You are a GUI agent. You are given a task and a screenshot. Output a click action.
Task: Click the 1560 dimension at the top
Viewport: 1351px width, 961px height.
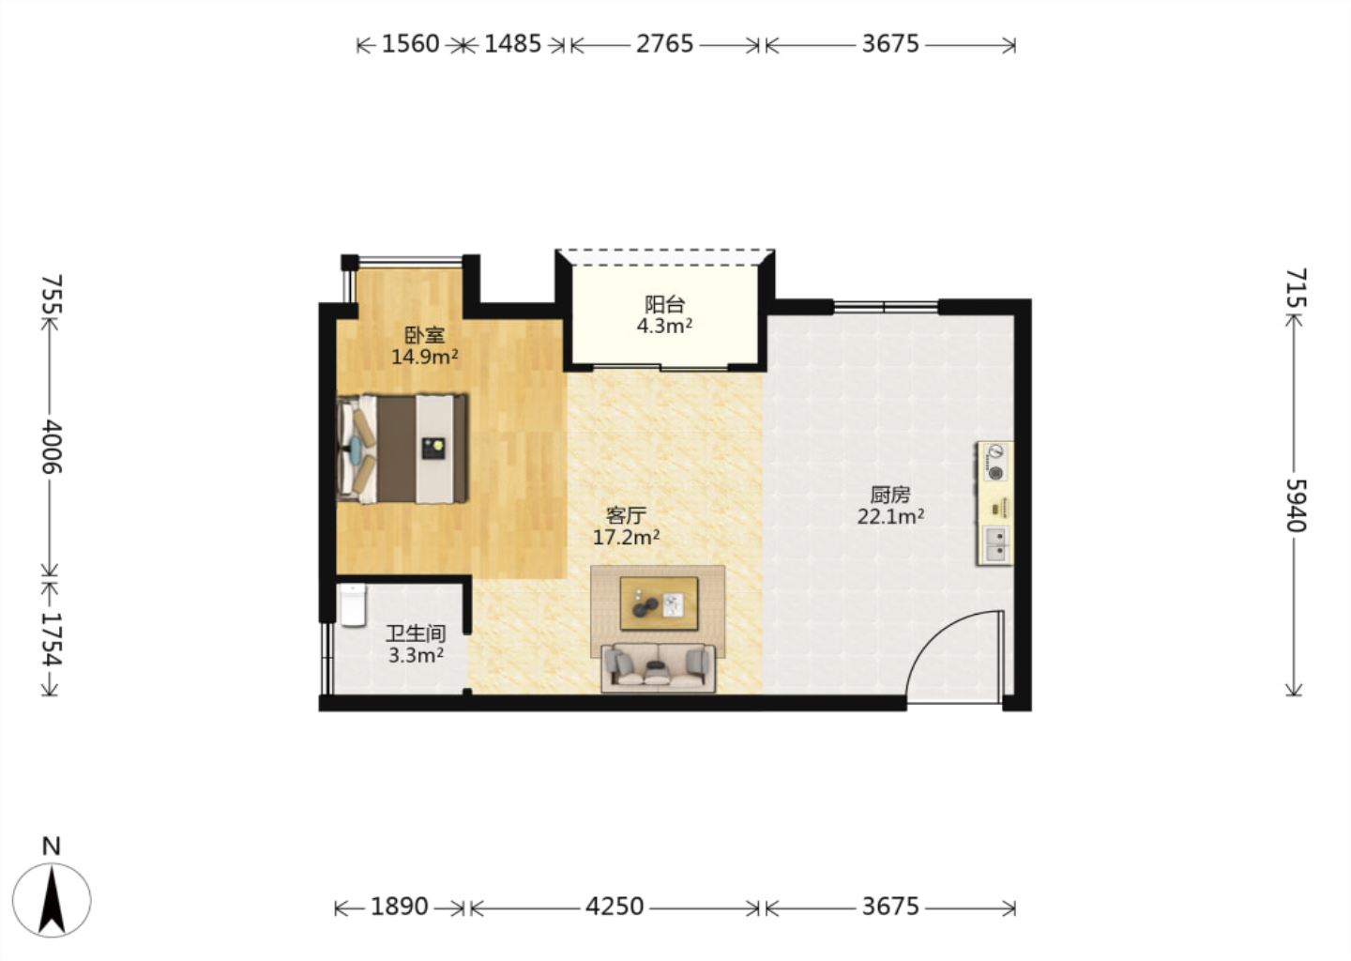click(x=411, y=44)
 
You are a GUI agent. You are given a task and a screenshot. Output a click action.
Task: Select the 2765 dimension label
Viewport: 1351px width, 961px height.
click(x=664, y=44)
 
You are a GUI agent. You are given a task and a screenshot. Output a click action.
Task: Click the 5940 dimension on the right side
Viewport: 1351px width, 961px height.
click(x=1296, y=506)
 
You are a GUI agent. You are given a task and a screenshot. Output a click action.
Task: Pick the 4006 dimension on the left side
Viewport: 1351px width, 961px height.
click(x=52, y=447)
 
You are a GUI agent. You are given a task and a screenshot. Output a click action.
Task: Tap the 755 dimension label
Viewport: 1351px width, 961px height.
click(x=52, y=295)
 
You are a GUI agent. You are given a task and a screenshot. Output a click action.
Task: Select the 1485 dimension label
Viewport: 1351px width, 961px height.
click(x=512, y=44)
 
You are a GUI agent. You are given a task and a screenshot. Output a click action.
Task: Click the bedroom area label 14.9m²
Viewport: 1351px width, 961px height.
click(x=425, y=357)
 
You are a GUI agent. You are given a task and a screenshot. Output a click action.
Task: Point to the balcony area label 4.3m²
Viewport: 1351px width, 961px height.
click(x=664, y=326)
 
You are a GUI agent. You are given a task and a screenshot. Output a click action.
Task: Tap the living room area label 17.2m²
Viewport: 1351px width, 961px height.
click(x=626, y=537)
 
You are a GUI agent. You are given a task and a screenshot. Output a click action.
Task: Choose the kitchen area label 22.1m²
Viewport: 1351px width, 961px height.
click(x=891, y=516)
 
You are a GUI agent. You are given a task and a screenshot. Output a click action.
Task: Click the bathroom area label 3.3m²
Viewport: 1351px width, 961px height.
click(x=417, y=655)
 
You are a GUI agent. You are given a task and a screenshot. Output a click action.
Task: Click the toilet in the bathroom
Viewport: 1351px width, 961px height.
click(x=353, y=604)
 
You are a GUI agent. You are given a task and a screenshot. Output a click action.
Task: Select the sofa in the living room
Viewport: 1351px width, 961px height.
click(x=658, y=668)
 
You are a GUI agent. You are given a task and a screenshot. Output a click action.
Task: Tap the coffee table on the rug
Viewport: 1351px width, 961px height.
click(x=660, y=603)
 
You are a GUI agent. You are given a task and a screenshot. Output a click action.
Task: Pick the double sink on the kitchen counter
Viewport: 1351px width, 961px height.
click(x=994, y=545)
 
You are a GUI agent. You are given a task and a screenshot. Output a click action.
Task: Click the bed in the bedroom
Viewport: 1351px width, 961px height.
click(x=402, y=449)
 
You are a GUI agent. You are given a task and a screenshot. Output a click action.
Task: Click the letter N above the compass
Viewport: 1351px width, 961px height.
click(x=52, y=847)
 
